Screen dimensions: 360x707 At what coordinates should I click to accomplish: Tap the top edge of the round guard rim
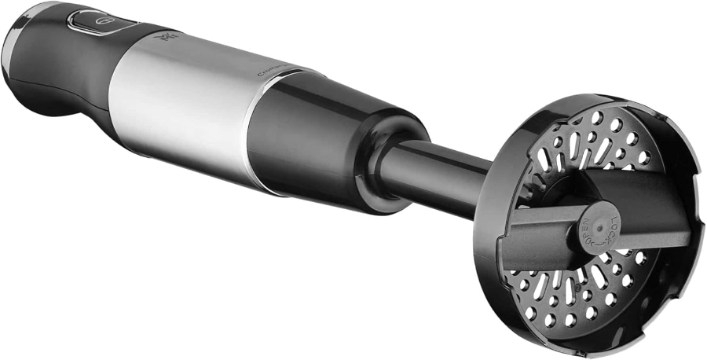click(x=581, y=100)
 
